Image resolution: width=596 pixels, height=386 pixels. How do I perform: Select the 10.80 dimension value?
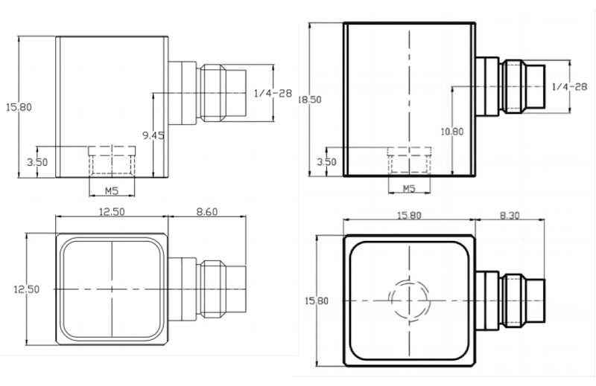click(x=453, y=132)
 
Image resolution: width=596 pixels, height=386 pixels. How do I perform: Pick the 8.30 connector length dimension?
click(x=511, y=216)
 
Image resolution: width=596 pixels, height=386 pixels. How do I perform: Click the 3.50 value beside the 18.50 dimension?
click(x=326, y=161)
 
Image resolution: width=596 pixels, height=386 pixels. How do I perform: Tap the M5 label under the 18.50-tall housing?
click(x=408, y=189)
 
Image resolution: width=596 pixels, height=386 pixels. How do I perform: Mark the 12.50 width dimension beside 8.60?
click(x=112, y=212)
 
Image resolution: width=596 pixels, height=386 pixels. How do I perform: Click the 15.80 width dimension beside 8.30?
click(x=408, y=216)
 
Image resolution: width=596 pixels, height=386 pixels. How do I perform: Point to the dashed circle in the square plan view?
click(x=408, y=300)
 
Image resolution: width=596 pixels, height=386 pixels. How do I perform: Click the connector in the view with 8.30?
click(x=518, y=300)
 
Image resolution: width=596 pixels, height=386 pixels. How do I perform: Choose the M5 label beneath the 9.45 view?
click(x=112, y=189)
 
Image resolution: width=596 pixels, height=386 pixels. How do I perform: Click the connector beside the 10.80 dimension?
click(x=514, y=88)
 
